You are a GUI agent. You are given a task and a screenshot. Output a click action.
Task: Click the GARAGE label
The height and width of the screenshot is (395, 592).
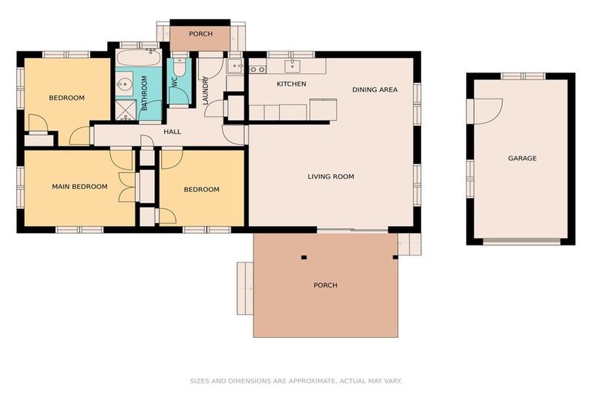[x=522, y=158]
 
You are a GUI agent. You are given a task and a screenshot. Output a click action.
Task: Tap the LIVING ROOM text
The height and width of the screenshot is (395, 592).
[x=331, y=177]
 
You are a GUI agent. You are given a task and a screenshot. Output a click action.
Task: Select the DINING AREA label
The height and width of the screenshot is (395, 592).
[x=375, y=89]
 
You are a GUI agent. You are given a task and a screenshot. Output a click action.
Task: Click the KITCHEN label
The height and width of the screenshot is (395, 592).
[x=291, y=83]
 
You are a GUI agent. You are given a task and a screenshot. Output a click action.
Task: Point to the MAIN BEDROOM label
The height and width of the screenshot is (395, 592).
[x=79, y=187]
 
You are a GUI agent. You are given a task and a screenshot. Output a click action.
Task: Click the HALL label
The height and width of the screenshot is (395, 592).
[x=172, y=132]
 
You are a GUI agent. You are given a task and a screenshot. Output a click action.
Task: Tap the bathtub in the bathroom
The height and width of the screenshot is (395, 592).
[x=139, y=58]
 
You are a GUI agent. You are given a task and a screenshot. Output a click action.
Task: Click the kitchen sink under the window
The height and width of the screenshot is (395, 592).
[x=292, y=66]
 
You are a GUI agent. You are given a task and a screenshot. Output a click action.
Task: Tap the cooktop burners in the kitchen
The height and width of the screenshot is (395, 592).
[x=256, y=69]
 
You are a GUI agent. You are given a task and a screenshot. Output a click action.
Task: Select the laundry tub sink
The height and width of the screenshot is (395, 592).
[x=235, y=65]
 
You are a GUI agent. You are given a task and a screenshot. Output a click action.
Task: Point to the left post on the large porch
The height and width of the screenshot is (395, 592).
[x=304, y=257]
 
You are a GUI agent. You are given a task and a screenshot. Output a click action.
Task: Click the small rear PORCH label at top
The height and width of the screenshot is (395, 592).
[x=200, y=34]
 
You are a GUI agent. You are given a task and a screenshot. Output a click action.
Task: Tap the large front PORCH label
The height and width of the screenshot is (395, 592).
[x=325, y=285]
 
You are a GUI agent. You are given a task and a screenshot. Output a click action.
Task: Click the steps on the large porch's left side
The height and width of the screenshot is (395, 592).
[x=245, y=288]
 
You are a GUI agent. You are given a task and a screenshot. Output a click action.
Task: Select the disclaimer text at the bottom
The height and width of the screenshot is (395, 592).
[x=295, y=380]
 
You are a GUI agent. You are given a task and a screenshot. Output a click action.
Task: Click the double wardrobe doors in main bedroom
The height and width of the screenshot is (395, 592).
[x=126, y=187]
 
